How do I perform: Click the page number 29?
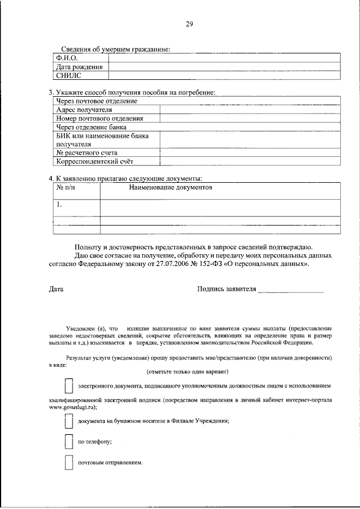(x=189, y=23)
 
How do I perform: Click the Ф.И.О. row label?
(x=66, y=58)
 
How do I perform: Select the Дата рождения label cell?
(x=79, y=67)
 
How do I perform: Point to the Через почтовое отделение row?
(x=96, y=101)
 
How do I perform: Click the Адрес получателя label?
(x=84, y=110)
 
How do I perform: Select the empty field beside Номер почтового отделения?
(x=250, y=119)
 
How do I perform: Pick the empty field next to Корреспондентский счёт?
(x=250, y=162)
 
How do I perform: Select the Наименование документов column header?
(x=170, y=188)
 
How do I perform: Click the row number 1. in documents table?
(x=59, y=205)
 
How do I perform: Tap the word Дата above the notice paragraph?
(x=56, y=289)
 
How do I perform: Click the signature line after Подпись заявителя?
(x=291, y=291)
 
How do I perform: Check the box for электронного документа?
(x=69, y=386)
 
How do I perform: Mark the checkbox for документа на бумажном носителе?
(x=69, y=421)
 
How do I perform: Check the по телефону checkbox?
(x=69, y=442)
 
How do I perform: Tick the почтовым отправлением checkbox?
(x=69, y=462)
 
